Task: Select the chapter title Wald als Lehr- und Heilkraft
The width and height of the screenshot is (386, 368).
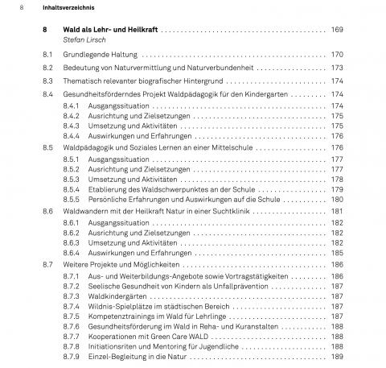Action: coord(109,29)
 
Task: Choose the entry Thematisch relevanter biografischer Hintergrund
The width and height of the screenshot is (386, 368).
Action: coord(146,81)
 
